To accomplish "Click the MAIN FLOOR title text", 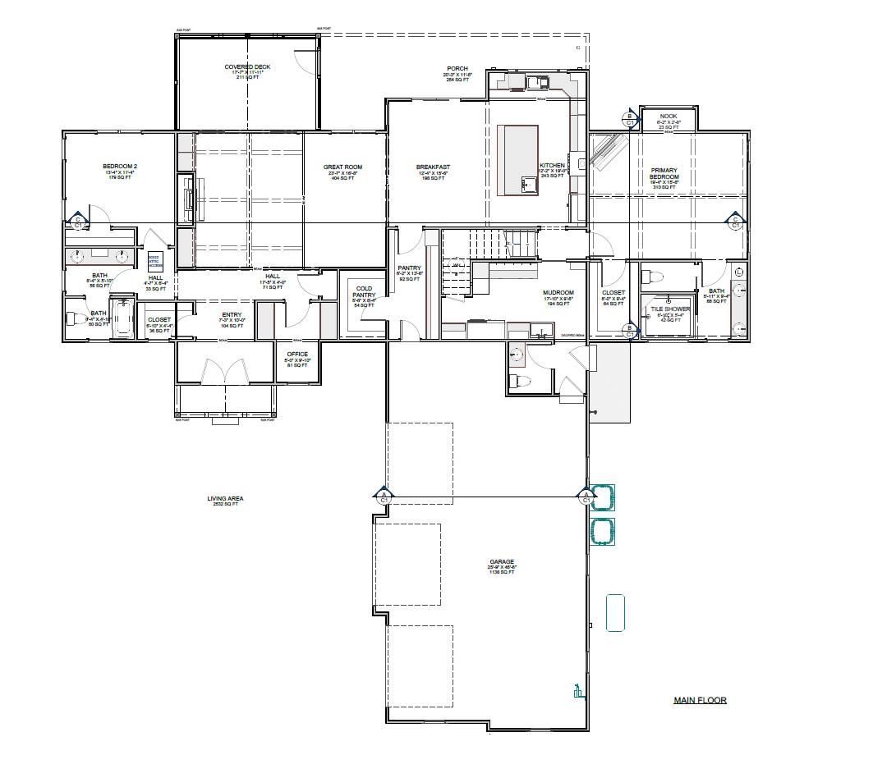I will point(700,700).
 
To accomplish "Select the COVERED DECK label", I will point(247,67).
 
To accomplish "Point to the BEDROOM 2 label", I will point(120,167).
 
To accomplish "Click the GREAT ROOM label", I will point(342,167).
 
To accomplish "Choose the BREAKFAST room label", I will point(433,167).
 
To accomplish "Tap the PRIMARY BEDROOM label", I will point(664,174).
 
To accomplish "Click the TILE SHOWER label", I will point(671,309).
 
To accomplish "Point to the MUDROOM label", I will point(558,293).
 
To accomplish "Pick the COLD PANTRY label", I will point(364,292).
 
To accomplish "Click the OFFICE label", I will point(297,355).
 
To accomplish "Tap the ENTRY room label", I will point(232,315).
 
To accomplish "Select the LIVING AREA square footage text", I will point(225,504).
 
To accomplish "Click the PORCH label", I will point(457,69).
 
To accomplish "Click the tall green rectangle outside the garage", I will point(615,613).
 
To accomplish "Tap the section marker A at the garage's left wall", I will point(383,496).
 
